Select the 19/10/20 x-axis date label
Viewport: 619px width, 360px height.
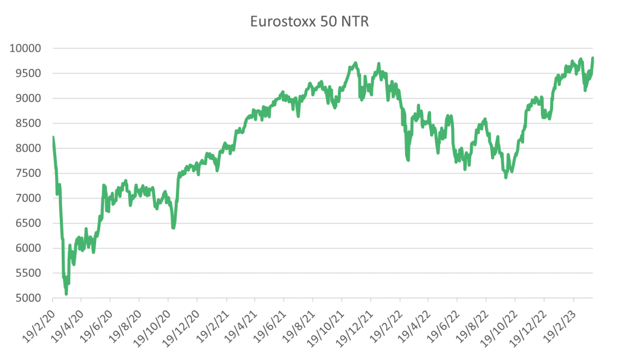(152, 323)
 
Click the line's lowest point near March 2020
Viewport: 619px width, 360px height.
(66, 294)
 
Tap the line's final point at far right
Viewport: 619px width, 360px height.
(593, 58)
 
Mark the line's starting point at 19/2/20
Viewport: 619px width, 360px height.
(53, 137)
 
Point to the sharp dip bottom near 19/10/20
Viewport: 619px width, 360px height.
(173, 228)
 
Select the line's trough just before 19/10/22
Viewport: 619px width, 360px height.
(505, 178)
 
